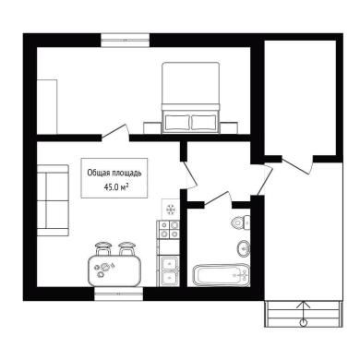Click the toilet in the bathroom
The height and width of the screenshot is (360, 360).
point(240,222)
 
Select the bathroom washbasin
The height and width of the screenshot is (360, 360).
point(244,248)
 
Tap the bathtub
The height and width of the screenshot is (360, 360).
point(221,275)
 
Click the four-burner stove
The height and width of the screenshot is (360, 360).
point(168,230)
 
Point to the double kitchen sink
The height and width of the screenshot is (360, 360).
point(168,270)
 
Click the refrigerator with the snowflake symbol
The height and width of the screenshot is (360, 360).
point(171,210)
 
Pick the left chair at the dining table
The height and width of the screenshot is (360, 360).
point(103,248)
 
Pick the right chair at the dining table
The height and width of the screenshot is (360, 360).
point(126,248)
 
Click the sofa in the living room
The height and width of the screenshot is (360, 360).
point(53,200)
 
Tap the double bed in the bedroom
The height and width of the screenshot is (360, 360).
point(191,98)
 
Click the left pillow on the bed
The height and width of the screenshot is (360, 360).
point(177,123)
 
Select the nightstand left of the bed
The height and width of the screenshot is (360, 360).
point(152,127)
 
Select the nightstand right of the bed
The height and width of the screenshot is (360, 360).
point(229,127)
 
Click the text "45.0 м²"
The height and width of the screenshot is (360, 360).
point(116,186)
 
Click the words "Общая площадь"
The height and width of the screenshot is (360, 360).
point(114,173)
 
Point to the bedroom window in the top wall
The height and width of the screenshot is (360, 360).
point(126,40)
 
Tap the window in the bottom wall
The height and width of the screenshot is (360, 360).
point(118,294)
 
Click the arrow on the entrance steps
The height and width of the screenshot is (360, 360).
point(304,313)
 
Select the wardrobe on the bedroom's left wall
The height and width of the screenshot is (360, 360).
point(47,106)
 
